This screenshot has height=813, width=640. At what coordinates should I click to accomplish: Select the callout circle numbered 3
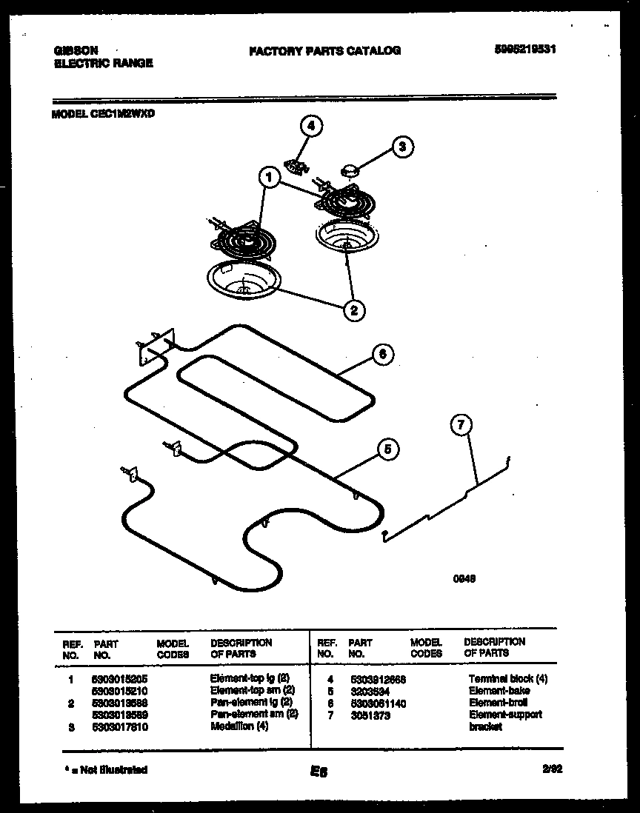coord(402,147)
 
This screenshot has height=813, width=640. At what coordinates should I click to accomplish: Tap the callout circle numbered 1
coord(270,178)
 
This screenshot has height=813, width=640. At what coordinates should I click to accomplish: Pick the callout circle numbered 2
coord(354,310)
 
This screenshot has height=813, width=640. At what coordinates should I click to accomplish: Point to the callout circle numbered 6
coord(382,355)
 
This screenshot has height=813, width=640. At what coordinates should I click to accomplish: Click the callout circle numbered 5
coord(387,449)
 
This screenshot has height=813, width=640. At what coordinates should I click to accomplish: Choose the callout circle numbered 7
coord(461,425)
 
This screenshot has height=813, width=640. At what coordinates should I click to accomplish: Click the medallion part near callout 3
coord(348,172)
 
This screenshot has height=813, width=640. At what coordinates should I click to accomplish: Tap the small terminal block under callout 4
coord(297,165)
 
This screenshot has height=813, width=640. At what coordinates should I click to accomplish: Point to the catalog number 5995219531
coord(524,50)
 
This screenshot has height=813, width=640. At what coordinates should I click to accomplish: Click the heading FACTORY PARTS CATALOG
coord(324,50)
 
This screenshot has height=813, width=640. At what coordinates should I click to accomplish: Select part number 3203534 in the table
coord(366,690)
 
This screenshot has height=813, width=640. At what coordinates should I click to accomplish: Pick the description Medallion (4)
coord(239,726)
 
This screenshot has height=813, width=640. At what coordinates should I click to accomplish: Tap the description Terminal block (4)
coord(507,678)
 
